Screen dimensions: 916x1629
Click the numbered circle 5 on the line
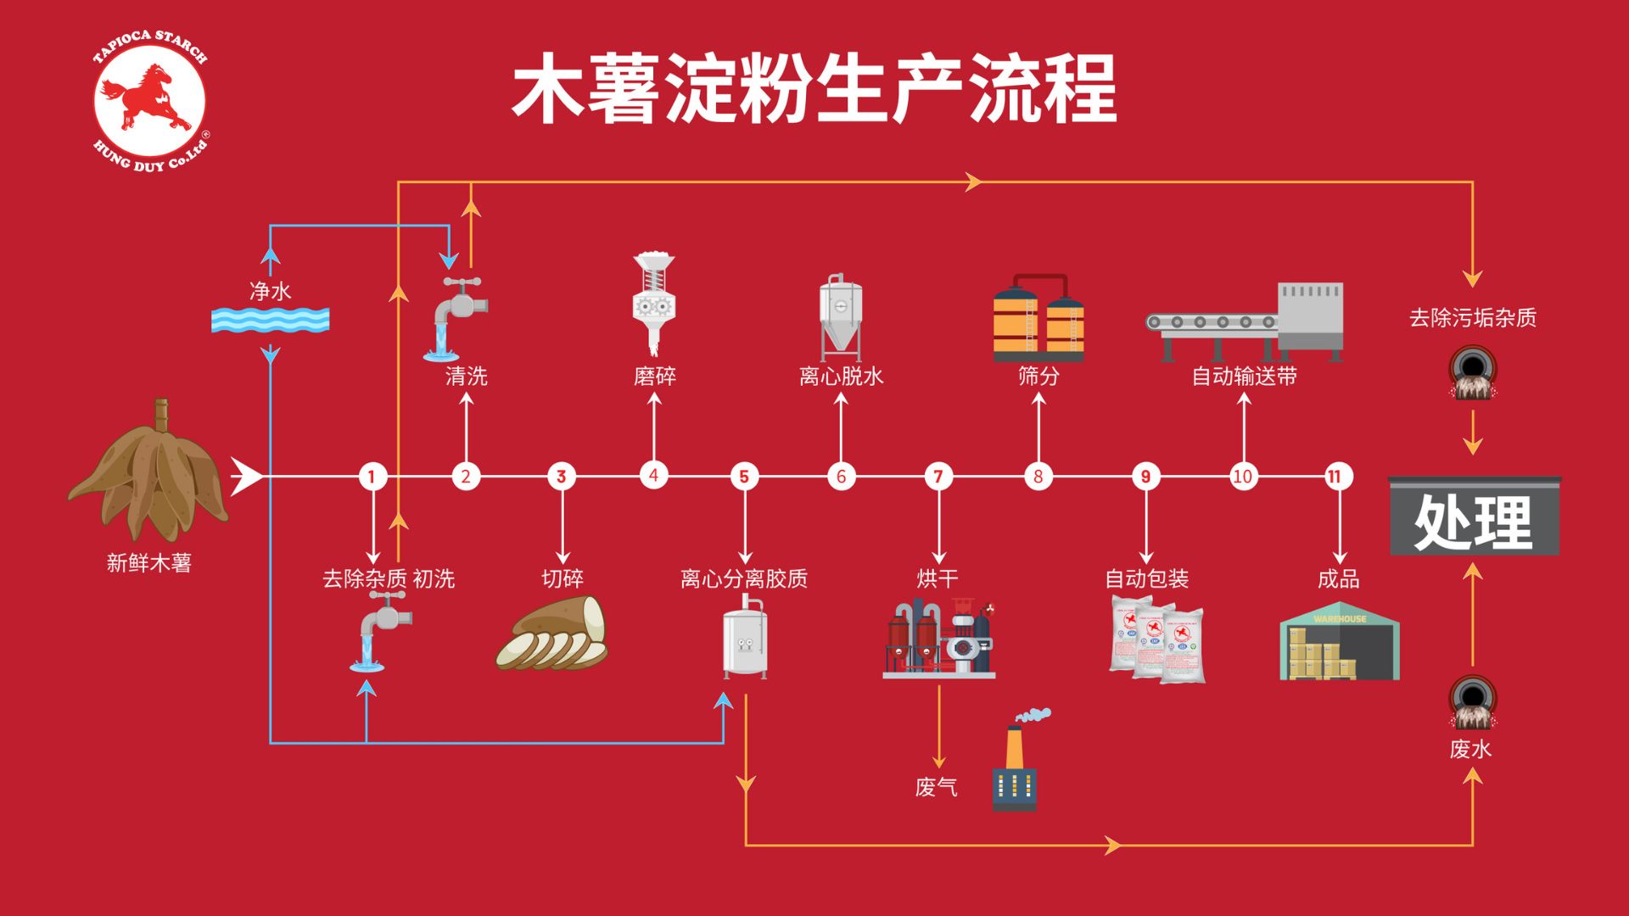coord(744,477)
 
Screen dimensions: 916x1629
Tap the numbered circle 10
coord(1243,477)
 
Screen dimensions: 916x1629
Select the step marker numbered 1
coord(372,477)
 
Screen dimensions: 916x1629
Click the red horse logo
coord(149,99)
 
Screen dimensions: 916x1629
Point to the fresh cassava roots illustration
coord(148,475)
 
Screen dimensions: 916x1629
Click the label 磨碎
coord(654,376)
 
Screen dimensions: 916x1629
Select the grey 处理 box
coord(1474,517)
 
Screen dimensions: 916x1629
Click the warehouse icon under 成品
coord(1339,642)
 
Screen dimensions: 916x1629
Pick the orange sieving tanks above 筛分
coord(1038,318)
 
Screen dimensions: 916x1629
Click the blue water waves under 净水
coord(270,320)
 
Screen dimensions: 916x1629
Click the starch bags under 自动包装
coord(1156,640)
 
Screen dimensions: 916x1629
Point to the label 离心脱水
coord(841,376)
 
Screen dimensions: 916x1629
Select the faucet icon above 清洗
coord(457,318)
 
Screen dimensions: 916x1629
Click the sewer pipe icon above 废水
coord(1472,703)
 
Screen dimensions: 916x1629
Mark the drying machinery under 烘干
coord(939,639)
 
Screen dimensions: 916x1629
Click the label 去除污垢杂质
coord(1472,318)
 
